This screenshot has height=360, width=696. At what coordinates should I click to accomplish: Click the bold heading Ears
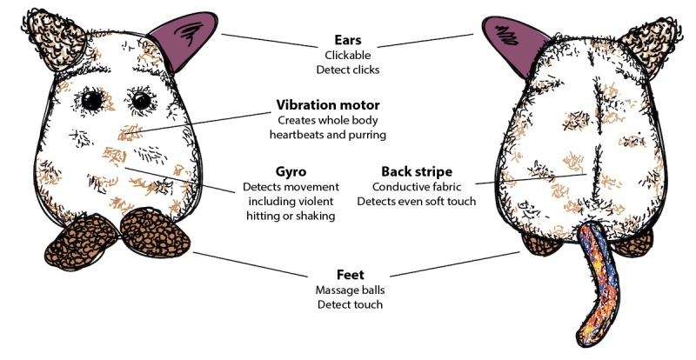pos(348,40)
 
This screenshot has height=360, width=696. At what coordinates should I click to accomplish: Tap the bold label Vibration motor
pos(327,104)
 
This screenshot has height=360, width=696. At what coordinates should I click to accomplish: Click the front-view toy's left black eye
pos(91,102)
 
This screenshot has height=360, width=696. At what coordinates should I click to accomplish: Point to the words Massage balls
pos(348,290)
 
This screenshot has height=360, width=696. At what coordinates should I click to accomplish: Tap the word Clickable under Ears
pos(348,55)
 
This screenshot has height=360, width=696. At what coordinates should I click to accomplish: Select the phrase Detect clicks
pos(348,69)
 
